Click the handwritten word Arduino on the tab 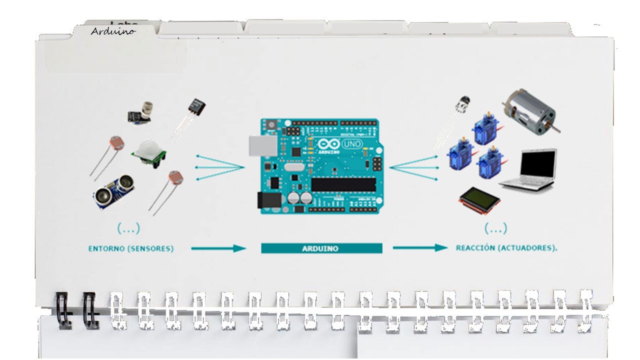click(x=113, y=31)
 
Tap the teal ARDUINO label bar click(x=321, y=248)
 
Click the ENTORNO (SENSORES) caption click(x=131, y=248)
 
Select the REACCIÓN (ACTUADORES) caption click(x=506, y=248)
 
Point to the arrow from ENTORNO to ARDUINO click(x=218, y=248)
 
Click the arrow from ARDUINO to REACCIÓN click(x=419, y=247)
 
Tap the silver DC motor click(x=529, y=112)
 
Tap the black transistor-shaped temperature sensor click(x=195, y=107)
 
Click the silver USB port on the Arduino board click(x=262, y=145)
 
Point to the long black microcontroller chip click(x=343, y=184)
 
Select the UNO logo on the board click(x=353, y=144)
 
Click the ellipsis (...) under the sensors click(x=128, y=228)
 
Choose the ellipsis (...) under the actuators click(x=495, y=228)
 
